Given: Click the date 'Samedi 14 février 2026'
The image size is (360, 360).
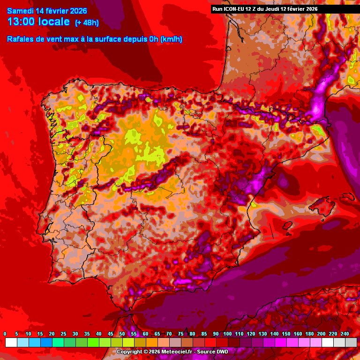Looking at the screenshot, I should point(47,11).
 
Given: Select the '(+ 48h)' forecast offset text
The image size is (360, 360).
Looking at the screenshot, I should point(87,22).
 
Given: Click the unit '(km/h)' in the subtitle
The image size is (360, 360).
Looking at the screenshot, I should point(171,39).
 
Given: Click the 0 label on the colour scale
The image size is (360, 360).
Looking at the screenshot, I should point(5,334).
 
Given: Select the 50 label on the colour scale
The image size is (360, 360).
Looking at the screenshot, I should point(122,334).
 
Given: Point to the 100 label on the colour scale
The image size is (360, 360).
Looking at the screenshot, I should point(227,334).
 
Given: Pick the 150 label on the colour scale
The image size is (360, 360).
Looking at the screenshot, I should point(286,334).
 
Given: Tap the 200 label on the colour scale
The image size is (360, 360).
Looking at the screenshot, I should point(321,334).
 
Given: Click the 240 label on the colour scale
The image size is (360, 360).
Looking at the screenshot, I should point(345,334).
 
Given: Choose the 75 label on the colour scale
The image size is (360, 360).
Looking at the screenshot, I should point(180,334).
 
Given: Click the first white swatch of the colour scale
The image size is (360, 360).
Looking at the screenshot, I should point(11,343).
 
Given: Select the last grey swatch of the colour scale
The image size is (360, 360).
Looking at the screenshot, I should point(351,343).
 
